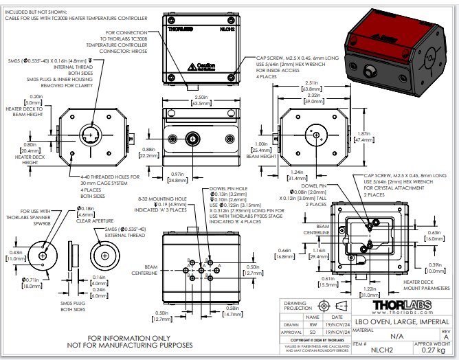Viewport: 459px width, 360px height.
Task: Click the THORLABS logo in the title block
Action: (x=403, y=305)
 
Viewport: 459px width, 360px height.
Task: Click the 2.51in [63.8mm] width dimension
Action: (x=315, y=85)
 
